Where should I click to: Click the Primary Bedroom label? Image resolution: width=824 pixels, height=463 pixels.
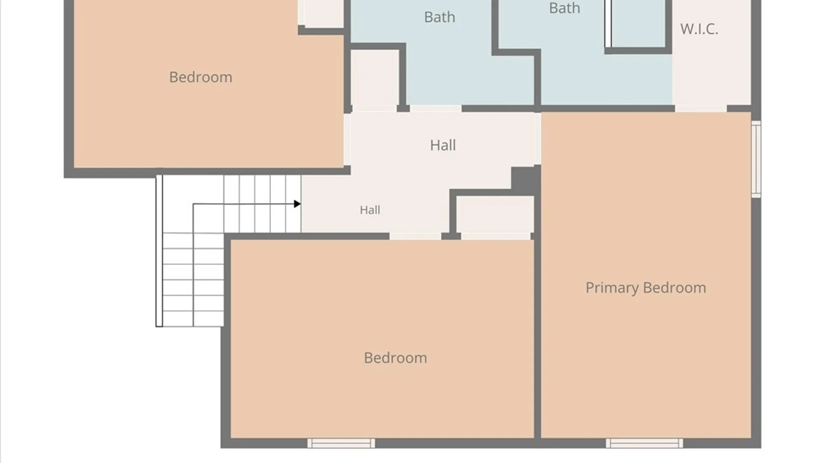(x=645, y=288)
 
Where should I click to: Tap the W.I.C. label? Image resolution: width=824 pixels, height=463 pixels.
(x=699, y=29)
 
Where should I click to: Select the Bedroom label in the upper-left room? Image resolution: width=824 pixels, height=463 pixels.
(x=200, y=77)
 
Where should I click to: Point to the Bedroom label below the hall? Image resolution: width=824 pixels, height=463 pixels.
(x=395, y=358)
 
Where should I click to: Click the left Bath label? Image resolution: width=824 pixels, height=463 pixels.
(x=439, y=17)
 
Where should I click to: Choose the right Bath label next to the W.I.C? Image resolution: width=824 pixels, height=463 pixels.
(x=564, y=8)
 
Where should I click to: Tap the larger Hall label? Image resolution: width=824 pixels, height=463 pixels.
(x=443, y=145)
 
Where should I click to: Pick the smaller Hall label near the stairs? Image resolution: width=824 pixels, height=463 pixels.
(x=370, y=210)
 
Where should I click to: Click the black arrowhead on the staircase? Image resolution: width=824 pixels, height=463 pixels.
(x=297, y=204)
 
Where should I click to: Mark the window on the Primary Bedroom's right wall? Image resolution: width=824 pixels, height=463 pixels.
(x=756, y=159)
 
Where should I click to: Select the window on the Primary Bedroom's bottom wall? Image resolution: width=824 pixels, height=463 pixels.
(x=644, y=443)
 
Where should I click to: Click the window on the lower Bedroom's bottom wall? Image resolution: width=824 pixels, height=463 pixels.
(x=341, y=443)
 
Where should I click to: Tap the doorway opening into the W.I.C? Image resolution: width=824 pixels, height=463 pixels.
(x=701, y=108)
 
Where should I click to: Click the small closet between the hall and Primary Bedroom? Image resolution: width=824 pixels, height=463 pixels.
(x=495, y=214)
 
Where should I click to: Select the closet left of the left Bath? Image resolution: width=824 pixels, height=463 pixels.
(x=375, y=78)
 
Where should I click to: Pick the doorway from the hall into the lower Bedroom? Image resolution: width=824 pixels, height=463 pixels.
(x=415, y=236)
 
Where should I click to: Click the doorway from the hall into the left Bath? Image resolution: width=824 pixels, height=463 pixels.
(x=436, y=108)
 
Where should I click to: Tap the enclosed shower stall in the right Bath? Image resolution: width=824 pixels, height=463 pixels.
(x=638, y=23)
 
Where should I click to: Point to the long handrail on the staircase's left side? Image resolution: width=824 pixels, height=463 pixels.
(x=159, y=251)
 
